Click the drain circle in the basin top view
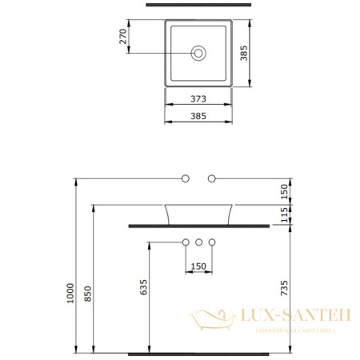point(199,54)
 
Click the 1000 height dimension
point(70,293)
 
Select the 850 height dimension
point(89,294)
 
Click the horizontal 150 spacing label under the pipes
point(199,266)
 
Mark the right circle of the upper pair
point(213,177)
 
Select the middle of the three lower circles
point(199,242)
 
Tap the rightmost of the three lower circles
point(213,242)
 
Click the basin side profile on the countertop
point(199,214)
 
